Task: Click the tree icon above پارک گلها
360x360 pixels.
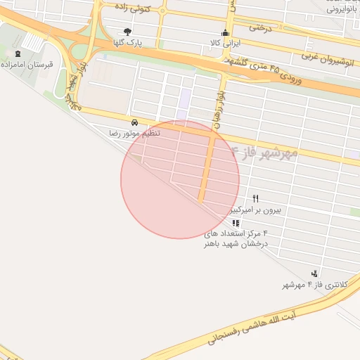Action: (127, 32)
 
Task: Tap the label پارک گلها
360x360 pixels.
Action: (129, 42)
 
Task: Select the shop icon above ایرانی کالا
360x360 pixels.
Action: (225, 32)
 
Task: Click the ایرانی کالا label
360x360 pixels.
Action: (225, 43)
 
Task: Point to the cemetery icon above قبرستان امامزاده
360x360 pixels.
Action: (18, 53)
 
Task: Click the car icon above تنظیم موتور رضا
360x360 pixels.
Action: (134, 122)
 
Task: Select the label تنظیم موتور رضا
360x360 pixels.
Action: (134, 133)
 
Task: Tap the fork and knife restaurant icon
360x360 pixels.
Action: (255, 199)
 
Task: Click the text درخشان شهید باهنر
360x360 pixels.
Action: (236, 244)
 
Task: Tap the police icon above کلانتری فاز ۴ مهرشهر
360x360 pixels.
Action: (314, 274)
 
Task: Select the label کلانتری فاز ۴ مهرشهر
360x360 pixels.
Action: (306, 285)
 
